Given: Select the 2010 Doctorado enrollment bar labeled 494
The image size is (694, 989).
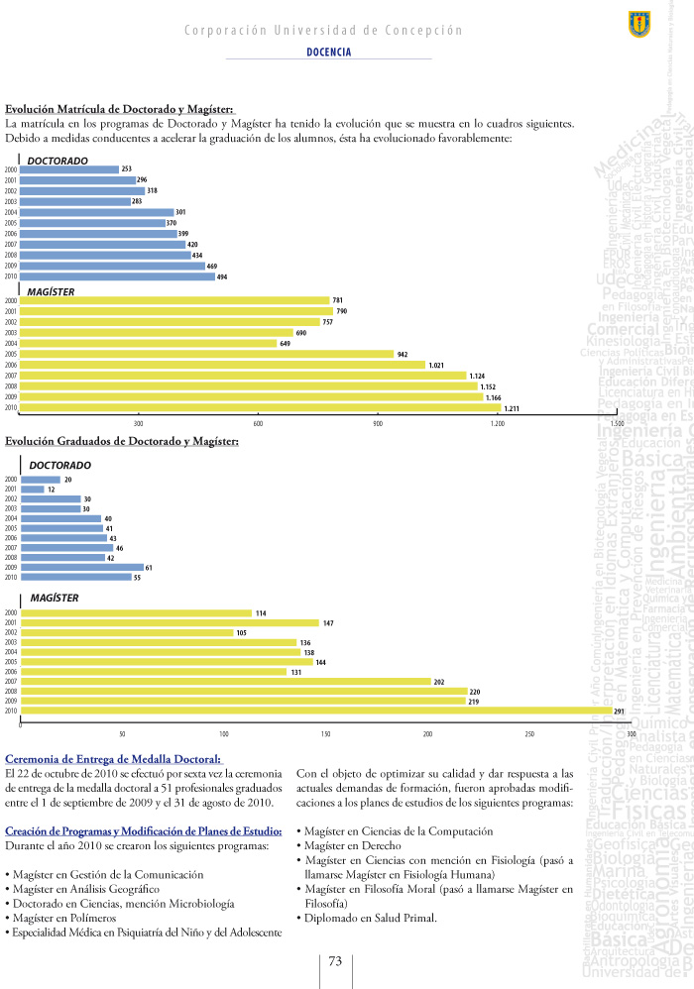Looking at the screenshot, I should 117,276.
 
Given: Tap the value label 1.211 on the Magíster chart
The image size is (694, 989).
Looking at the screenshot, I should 512,407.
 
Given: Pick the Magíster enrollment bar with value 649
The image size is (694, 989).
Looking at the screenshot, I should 148,343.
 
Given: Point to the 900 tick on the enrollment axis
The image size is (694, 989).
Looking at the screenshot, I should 377,423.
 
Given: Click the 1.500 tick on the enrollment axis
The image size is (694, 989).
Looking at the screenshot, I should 616,423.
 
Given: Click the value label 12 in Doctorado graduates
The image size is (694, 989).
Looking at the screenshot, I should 51,490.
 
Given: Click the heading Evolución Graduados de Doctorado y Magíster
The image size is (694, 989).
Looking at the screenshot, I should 122,441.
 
